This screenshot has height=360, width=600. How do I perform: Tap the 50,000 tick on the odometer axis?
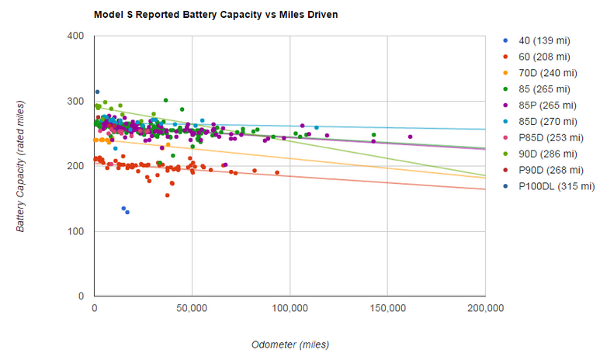192,308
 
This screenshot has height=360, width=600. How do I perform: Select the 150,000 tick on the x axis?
387,308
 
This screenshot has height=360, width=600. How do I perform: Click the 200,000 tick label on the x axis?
485,308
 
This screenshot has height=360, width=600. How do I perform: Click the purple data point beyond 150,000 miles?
410,137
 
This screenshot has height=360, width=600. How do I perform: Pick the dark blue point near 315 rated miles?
97,92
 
